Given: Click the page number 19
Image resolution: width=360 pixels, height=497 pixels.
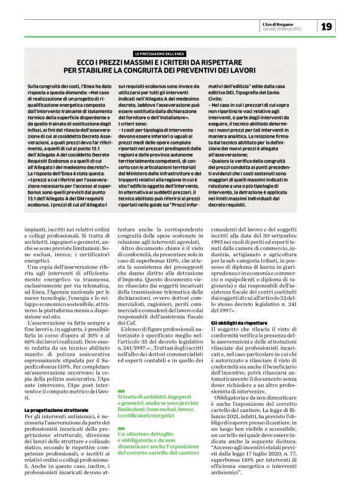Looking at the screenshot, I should [327, 26].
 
